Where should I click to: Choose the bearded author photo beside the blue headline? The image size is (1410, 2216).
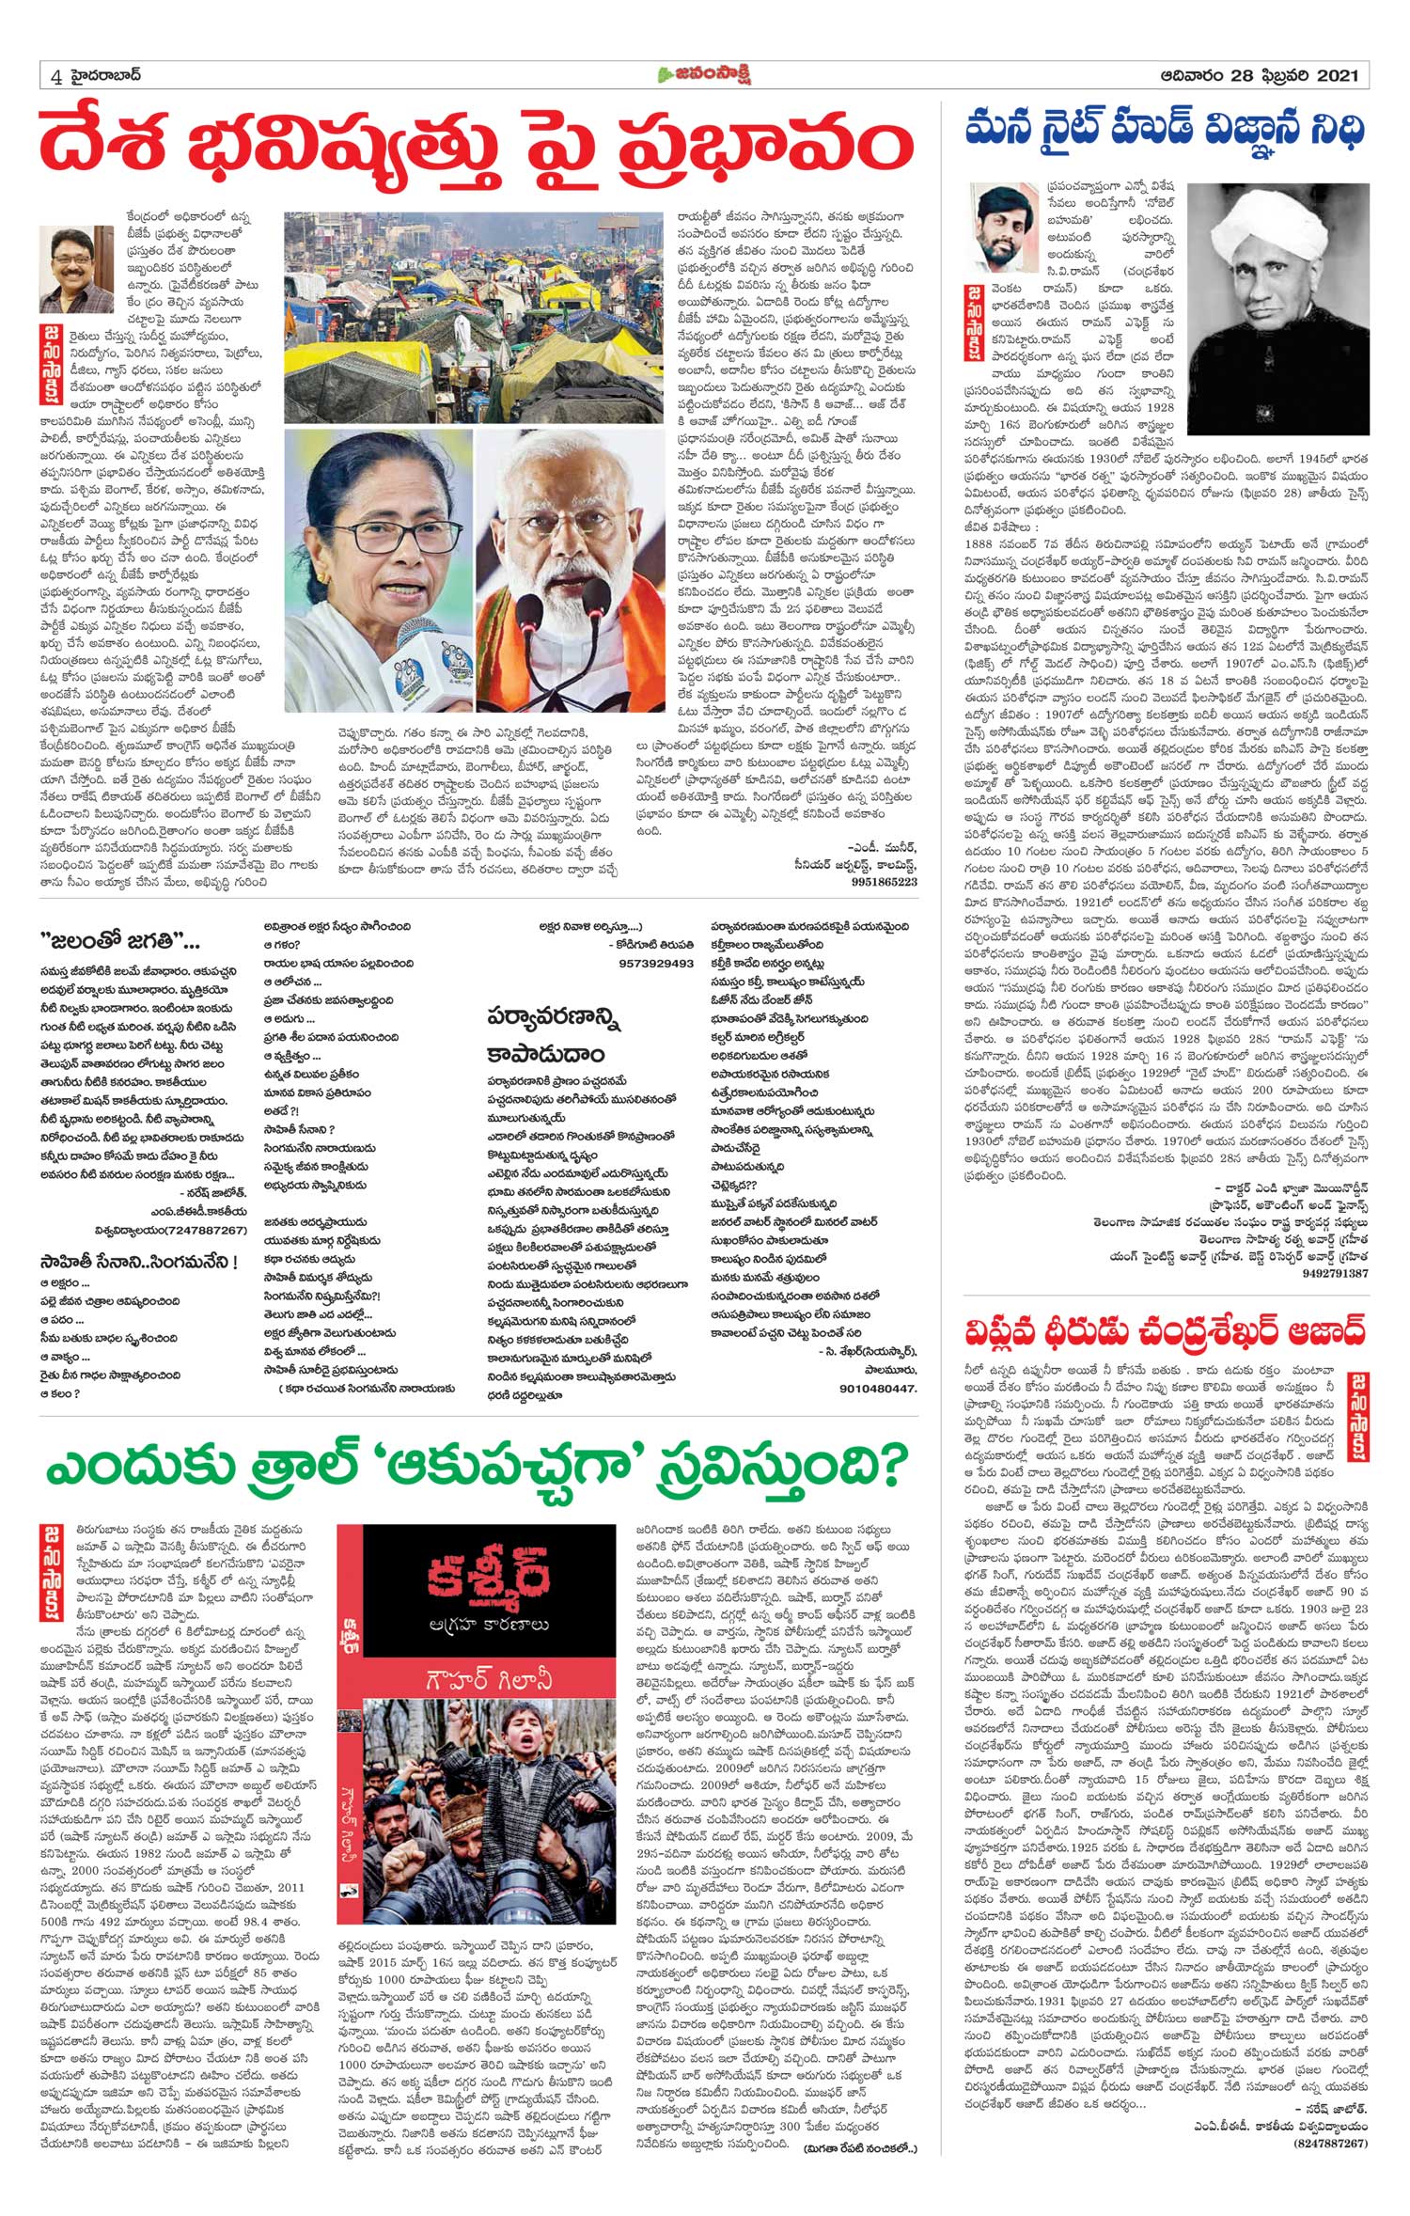1003,226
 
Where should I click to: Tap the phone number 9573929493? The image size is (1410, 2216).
657,964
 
